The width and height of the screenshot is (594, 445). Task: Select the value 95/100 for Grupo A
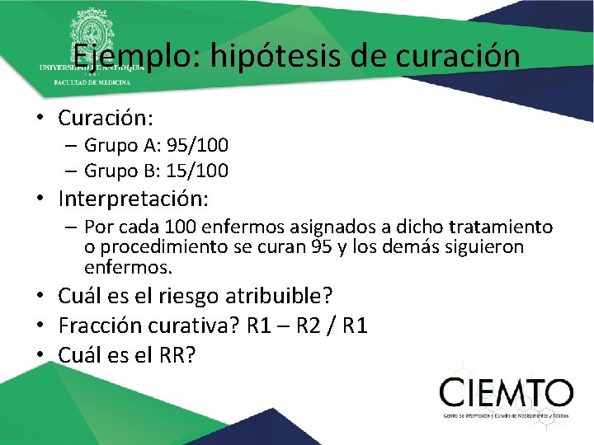[197, 146]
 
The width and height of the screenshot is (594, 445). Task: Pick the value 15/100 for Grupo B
[197, 171]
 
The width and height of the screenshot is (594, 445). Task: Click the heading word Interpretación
[134, 199]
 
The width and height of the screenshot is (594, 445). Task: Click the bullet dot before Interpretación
[41, 200]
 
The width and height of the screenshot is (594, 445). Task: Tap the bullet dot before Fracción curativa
[41, 326]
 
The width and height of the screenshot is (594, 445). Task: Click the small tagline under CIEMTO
[506, 416]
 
